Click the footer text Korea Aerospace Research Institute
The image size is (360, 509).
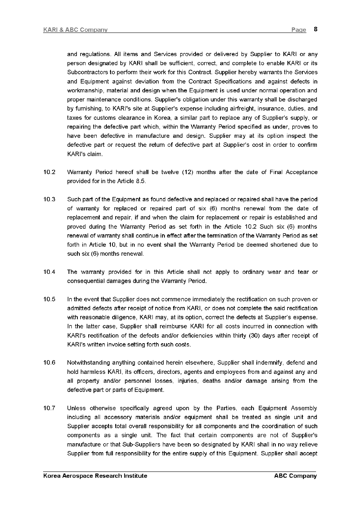click(x=95, y=476)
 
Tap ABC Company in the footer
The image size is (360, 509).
click(x=295, y=476)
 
